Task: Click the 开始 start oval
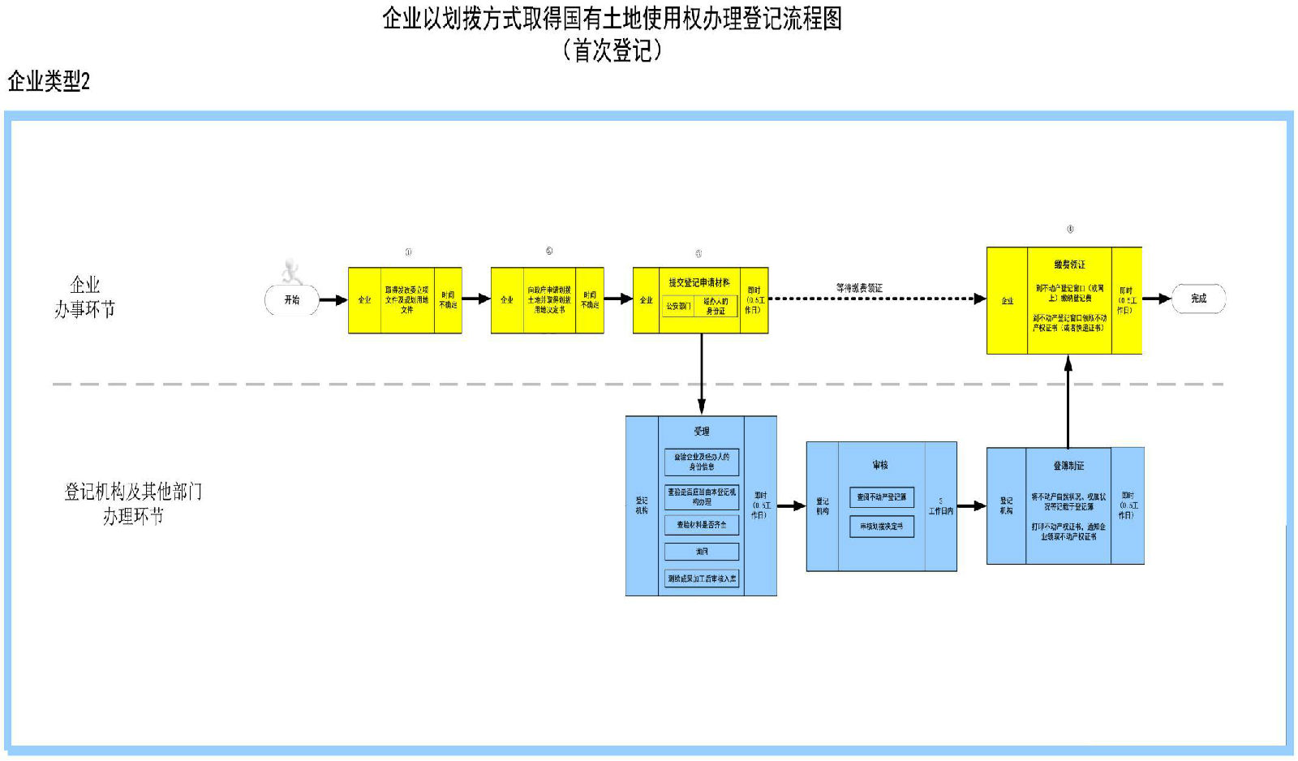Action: [292, 300]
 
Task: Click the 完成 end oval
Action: [1198, 299]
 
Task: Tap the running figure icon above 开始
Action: [291, 271]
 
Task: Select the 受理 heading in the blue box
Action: [701, 431]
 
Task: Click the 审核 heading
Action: [880, 465]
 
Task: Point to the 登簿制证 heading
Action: [1068, 466]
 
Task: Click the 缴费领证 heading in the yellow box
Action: [1069, 264]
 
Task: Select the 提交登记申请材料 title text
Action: [698, 282]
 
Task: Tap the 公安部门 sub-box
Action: [678, 307]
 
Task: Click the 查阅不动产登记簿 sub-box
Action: [881, 497]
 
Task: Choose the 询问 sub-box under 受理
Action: [702, 552]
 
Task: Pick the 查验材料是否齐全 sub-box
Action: [702, 525]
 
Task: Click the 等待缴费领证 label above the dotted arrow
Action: [859, 288]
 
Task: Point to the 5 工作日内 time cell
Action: [940, 506]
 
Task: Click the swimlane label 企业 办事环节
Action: [84, 297]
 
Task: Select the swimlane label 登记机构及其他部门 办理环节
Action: [133, 504]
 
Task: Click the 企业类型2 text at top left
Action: [49, 81]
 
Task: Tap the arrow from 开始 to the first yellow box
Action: [333, 300]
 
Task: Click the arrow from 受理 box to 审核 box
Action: [791, 506]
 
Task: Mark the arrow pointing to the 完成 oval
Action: [1157, 299]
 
